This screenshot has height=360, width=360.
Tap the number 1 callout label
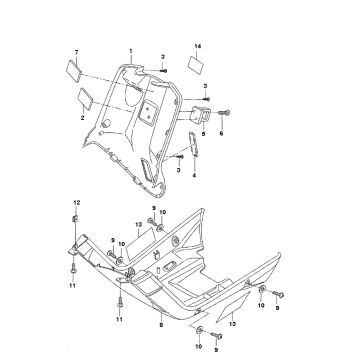pos(129,49)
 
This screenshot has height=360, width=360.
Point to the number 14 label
pos(197,48)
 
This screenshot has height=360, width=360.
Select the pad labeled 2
pos(80,99)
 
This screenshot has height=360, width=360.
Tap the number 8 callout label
pos(159,325)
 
